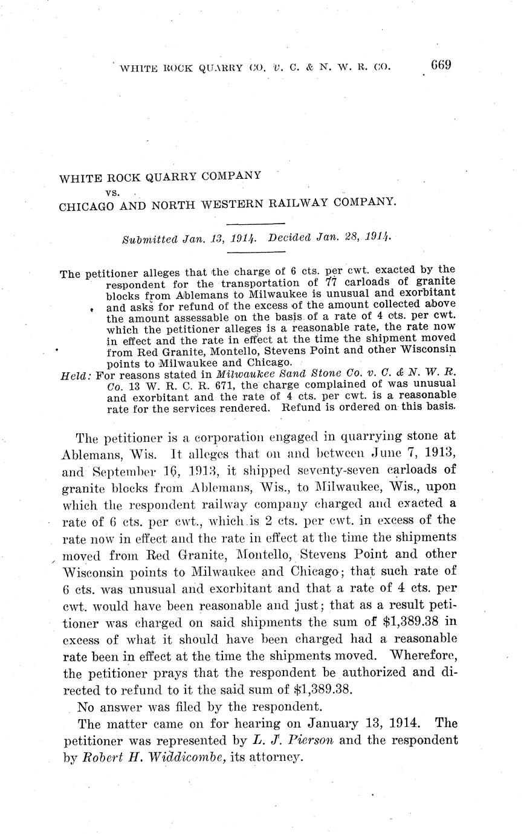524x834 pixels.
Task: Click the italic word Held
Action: tap(75, 375)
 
